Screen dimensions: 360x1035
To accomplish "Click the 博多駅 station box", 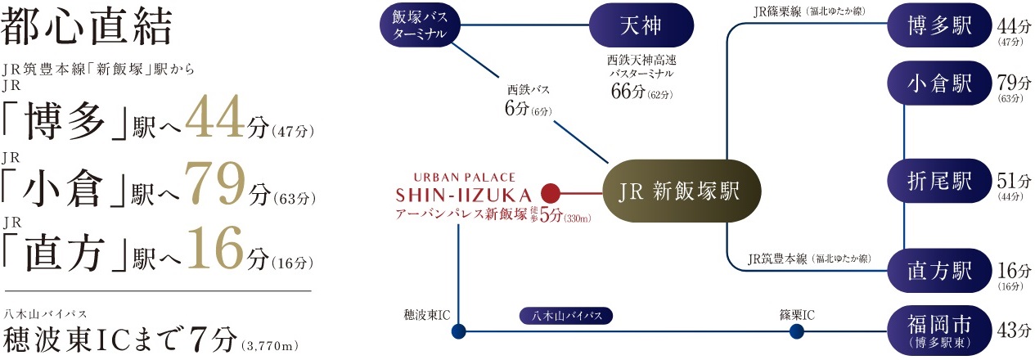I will pyautogui.click(x=939, y=27).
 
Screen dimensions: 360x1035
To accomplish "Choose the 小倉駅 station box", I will pyautogui.click(x=939, y=84).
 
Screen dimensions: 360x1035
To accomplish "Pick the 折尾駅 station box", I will pyautogui.click(x=939, y=180).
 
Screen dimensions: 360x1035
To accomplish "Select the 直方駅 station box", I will pyautogui.click(x=939, y=268).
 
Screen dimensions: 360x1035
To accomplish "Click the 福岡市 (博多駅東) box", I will pyautogui.click(x=939, y=330).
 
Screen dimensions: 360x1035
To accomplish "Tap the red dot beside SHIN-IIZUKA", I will pyautogui.click(x=550, y=194).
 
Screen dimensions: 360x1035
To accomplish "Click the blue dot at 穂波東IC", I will pyautogui.click(x=458, y=331).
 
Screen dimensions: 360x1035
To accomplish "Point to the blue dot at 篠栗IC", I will pyautogui.click(x=796, y=331).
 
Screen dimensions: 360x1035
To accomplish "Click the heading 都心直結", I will pyautogui.click(x=88, y=29).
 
